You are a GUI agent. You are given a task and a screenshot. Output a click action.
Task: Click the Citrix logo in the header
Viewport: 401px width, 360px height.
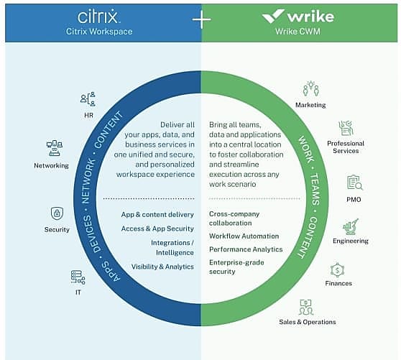tap(98, 17)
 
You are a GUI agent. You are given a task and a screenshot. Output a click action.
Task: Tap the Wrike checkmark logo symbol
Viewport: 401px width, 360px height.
tap(273, 16)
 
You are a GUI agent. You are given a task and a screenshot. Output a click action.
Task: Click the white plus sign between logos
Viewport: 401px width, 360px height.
tap(201, 19)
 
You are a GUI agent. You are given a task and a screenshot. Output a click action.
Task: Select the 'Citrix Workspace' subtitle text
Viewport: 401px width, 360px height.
tap(99, 32)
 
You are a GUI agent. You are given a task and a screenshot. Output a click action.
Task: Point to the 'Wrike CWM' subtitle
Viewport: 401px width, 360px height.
tap(298, 32)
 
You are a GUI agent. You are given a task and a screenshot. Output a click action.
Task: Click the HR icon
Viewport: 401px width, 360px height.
tap(88, 99)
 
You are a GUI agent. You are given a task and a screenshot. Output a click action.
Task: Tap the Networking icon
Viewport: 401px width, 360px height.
tap(55, 148)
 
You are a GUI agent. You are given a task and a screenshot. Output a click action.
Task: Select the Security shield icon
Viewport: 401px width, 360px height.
tap(57, 213)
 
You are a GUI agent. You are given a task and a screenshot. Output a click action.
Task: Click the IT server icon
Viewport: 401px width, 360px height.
tap(78, 277)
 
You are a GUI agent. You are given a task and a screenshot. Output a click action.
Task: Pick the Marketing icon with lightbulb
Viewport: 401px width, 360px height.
tap(310, 88)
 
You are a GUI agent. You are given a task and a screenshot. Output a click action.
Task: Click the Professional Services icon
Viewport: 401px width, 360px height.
tap(346, 128)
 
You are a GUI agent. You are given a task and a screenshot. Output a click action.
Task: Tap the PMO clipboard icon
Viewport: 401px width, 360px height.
tap(355, 183)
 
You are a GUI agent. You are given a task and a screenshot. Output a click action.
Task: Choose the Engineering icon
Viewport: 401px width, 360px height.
tap(351, 227)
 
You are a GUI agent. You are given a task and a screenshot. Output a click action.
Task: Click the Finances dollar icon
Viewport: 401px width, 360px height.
tap(337, 270)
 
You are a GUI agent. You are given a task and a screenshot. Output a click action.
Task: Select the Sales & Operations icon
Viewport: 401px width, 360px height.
tap(306, 307)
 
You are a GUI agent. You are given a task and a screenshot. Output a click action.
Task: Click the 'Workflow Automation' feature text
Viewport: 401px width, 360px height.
tap(244, 236)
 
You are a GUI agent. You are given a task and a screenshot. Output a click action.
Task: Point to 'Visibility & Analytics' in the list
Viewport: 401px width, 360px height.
tap(162, 267)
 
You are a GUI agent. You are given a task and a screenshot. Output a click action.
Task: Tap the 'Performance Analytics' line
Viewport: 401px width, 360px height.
tap(246, 249)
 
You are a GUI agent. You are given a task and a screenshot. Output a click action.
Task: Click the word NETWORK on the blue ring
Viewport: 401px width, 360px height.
tap(88, 181)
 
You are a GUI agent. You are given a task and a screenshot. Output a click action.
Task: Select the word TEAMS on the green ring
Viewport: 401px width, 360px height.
tap(315, 190)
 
